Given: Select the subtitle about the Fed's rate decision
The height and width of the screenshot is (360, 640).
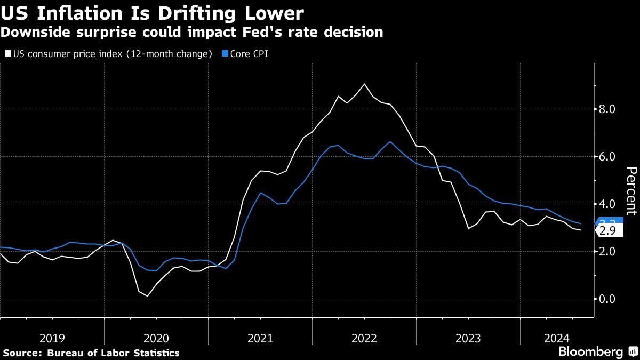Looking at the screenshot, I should point(191,33).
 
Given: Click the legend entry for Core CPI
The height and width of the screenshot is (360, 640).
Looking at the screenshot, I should point(245,54).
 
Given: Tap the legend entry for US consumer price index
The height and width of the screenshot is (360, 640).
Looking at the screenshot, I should point(109,54).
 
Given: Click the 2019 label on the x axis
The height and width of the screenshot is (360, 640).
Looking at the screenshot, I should point(52,338).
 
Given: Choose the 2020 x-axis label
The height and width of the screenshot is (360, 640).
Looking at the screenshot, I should point(156,338).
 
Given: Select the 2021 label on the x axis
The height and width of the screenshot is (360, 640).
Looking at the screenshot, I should point(260,338).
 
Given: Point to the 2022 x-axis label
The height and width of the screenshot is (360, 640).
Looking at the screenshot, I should point(364,338).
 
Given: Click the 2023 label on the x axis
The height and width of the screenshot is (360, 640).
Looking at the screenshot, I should point(468,338).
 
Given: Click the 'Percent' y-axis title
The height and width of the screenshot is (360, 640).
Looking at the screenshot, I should point(631,190).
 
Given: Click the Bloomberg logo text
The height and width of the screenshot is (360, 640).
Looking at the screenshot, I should point(590,352).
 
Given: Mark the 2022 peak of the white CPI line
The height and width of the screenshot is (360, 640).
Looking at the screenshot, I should point(364,84).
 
